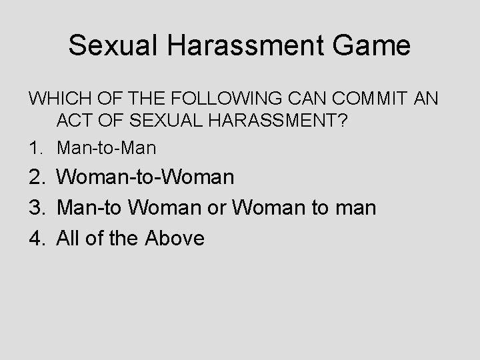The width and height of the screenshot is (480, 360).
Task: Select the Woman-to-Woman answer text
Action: coord(145,177)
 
